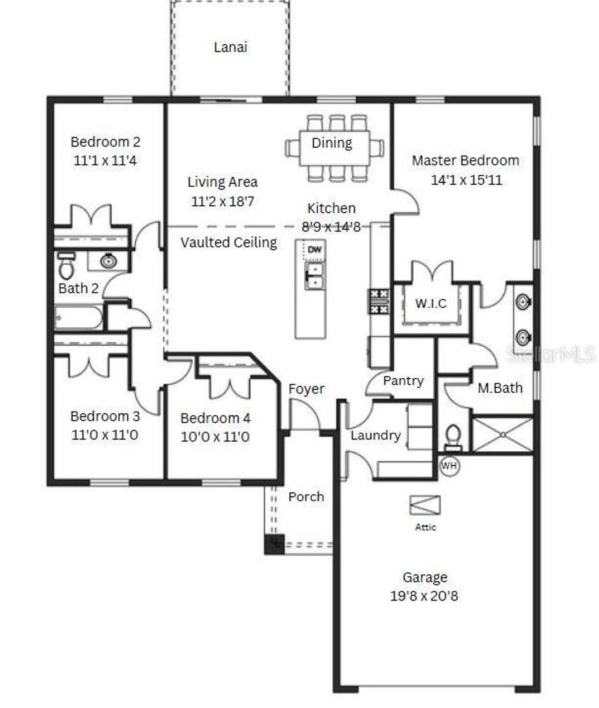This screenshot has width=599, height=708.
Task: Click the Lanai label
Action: coord(230,47)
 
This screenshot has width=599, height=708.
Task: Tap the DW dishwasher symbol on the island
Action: coord(315,250)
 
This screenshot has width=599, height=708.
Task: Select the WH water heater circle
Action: coord(449,466)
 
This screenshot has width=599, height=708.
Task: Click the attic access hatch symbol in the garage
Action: coord(425,506)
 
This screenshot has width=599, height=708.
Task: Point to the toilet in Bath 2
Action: coord(66,266)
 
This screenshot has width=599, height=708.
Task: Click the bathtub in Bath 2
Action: coord(79,318)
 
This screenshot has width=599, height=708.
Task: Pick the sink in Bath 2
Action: coord(109,260)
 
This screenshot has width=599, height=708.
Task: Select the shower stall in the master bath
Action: coord(503,435)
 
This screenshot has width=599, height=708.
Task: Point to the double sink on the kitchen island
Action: coord(315,276)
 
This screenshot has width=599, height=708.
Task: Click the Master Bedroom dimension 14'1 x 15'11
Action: coord(466,180)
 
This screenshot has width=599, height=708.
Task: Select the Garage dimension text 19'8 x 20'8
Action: coord(424,596)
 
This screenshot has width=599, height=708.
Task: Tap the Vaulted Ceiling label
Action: coord(228,242)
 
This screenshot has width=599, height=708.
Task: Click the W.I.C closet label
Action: coord(431,303)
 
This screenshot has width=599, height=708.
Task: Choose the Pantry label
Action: coord(403,381)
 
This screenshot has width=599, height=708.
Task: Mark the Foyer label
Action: coord(306,389)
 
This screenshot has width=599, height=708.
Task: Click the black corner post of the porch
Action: coord(274,544)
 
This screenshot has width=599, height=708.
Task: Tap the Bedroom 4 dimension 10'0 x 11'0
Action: coord(215,437)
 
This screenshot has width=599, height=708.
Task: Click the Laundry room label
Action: coord(376,435)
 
